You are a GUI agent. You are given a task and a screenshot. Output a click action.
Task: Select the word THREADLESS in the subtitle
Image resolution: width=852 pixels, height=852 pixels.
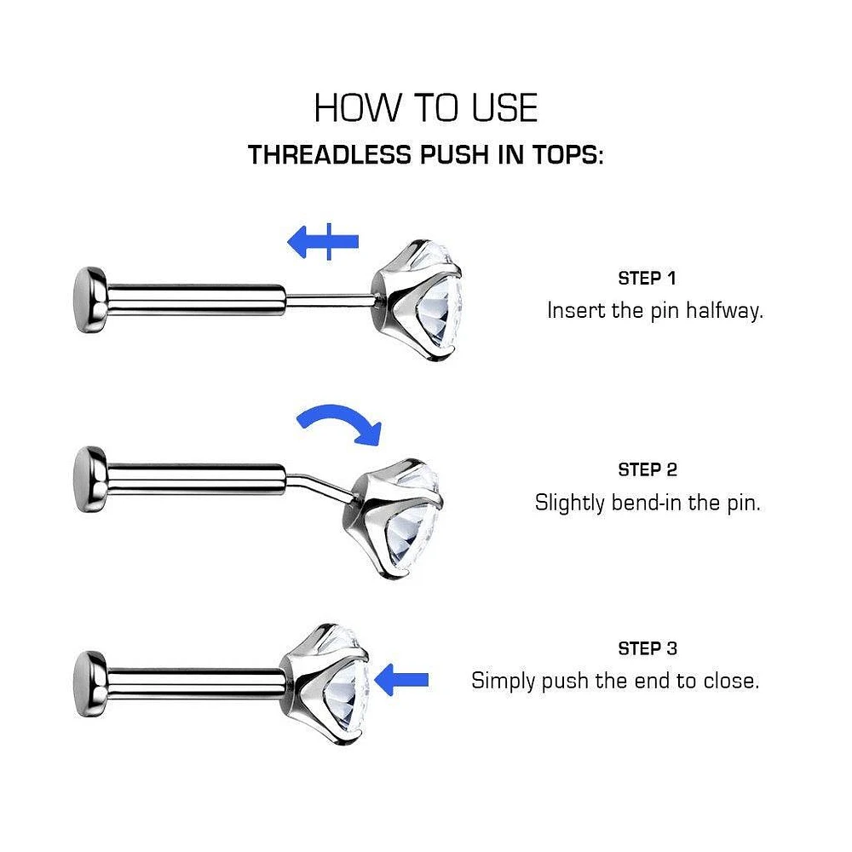click(330, 154)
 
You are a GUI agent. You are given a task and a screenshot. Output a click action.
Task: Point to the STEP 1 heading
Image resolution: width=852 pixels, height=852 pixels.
click(647, 279)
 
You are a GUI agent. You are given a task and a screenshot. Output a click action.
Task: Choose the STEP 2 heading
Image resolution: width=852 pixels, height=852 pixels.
click(648, 469)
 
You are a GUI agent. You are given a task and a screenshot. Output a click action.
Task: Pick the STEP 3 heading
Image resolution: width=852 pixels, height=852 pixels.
click(648, 648)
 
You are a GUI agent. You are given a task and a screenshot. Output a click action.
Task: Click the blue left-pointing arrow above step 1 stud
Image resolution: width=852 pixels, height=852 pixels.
click(323, 241)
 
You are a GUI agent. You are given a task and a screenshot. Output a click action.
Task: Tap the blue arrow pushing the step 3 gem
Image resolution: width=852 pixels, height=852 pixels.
click(401, 680)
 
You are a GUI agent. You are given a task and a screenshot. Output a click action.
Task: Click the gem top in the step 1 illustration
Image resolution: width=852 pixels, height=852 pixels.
click(417, 301)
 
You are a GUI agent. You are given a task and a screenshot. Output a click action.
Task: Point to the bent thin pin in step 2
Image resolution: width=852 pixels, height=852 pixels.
click(319, 486)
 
